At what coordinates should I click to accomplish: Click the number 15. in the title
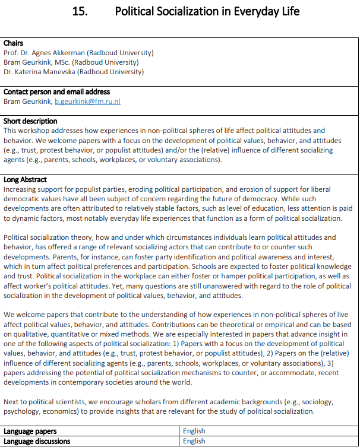[80, 11]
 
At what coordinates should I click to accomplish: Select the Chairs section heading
[14, 43]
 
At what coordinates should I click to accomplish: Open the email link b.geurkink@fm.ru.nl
[87, 102]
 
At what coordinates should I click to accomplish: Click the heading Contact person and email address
[57, 92]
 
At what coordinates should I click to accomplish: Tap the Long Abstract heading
[26, 180]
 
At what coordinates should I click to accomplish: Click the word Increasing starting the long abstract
[20, 189]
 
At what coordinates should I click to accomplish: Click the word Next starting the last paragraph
[12, 402]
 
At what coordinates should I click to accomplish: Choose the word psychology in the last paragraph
[23, 411]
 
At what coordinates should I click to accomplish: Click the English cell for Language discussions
[194, 441]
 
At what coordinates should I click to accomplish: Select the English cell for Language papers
[194, 432]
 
